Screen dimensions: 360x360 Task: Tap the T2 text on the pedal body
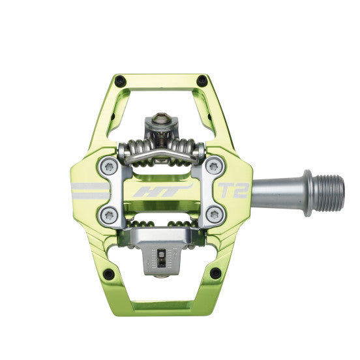coord(230,190)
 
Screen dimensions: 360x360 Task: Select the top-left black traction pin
coord(118,82)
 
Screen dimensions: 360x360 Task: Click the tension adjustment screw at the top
coord(160,118)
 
